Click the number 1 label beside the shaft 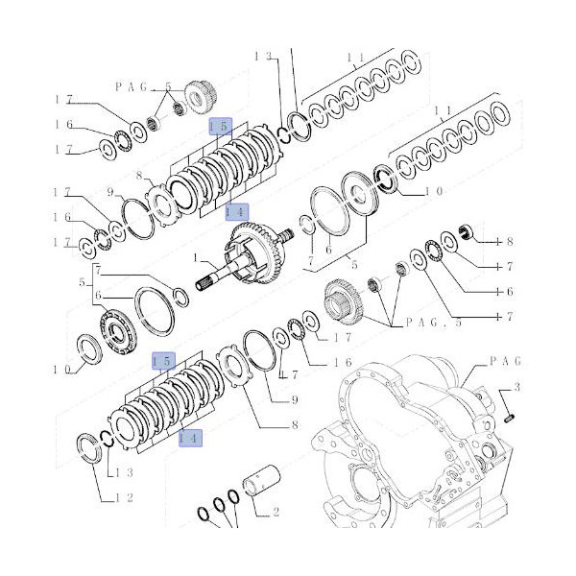tap(196, 257)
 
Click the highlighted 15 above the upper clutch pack tap(219, 126)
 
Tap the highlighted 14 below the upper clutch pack tap(236, 210)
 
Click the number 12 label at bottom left tap(125, 497)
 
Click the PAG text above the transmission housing tap(504, 361)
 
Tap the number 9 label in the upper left tap(110, 191)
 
